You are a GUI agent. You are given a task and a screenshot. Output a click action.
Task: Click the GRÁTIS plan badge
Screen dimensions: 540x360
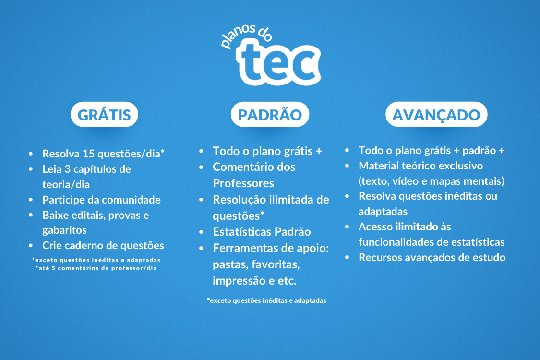104,114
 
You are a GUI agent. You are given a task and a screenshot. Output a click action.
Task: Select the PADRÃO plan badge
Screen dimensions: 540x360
270,114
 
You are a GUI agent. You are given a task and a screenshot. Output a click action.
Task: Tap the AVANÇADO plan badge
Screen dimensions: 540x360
436,114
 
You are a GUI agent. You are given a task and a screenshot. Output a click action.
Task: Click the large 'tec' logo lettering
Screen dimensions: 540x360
278,62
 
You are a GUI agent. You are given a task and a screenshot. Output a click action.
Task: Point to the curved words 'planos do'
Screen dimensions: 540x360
245,35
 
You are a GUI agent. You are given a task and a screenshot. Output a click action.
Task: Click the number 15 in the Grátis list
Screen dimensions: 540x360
88,154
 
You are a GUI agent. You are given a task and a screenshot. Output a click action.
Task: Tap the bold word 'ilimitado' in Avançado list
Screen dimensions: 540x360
417,227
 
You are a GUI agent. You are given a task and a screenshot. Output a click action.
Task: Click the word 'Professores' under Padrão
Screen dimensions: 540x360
243,183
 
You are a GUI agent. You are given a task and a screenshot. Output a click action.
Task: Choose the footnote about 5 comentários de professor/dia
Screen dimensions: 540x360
96,268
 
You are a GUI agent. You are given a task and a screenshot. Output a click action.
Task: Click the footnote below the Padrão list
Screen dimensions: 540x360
266,300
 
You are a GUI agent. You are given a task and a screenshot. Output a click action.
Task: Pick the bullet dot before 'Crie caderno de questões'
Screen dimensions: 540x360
31,246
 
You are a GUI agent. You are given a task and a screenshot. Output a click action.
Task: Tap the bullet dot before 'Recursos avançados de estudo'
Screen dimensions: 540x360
347,257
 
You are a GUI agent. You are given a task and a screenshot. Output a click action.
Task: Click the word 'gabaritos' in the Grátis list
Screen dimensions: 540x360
64,230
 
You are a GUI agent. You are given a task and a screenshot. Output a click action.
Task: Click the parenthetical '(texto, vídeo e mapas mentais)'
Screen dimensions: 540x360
432,181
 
